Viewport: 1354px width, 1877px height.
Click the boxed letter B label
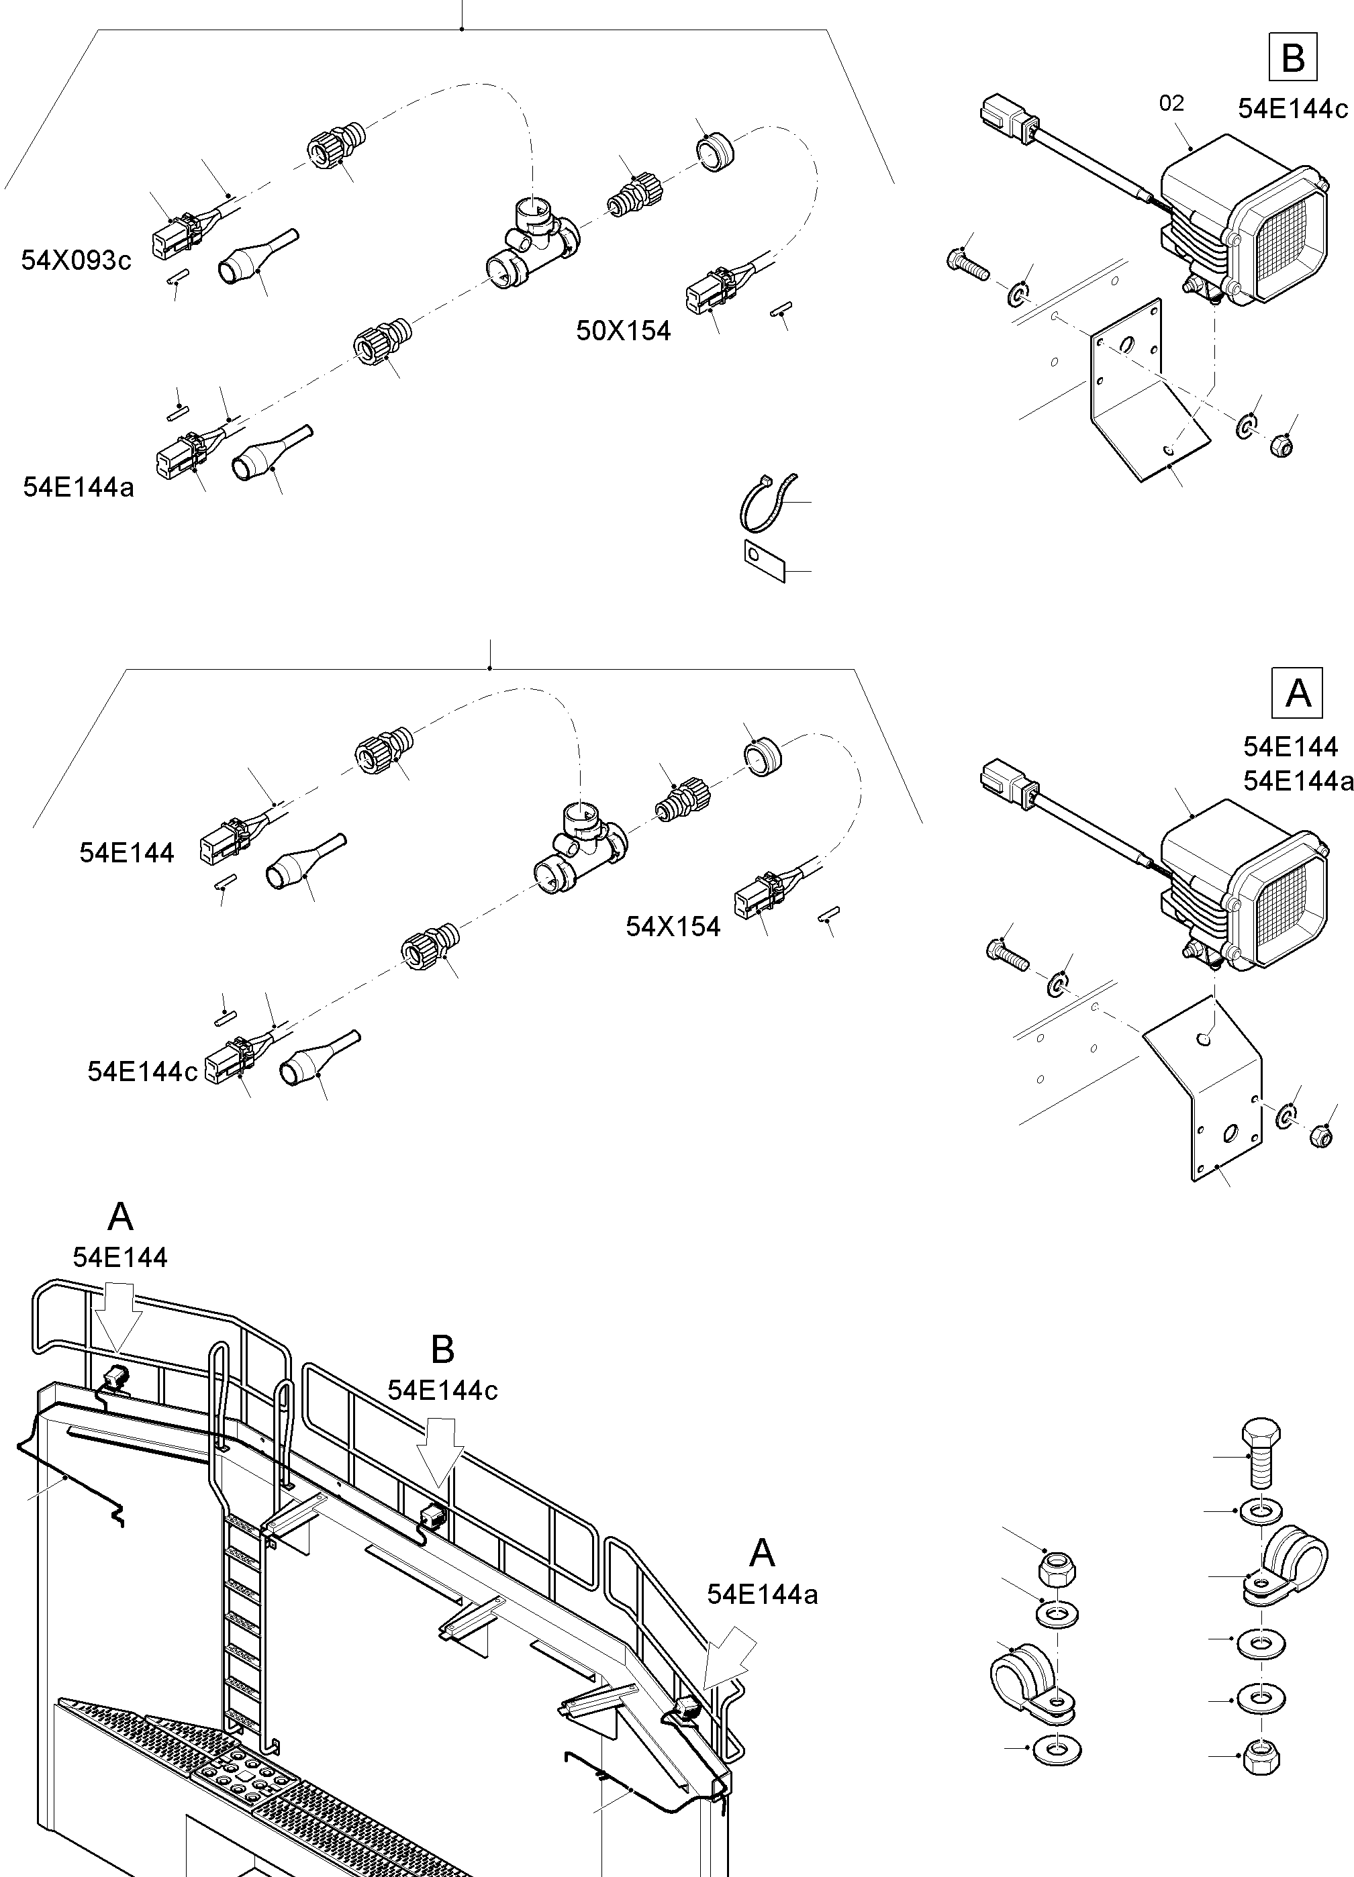click(1292, 58)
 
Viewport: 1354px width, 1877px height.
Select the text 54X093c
click(75, 260)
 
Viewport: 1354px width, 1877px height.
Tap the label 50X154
click(622, 331)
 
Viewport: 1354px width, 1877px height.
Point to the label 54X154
click(672, 926)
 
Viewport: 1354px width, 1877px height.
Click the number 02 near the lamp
click(1171, 103)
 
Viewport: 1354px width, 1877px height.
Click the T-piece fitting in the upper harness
click(532, 244)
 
